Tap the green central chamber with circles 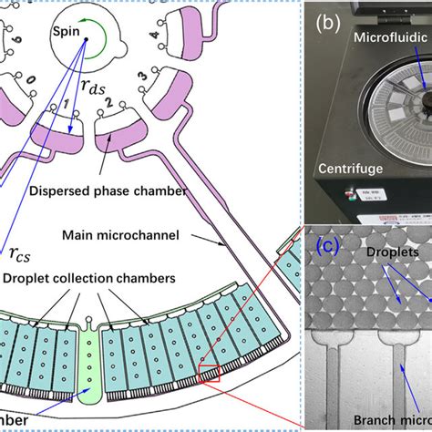pos(93,365)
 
